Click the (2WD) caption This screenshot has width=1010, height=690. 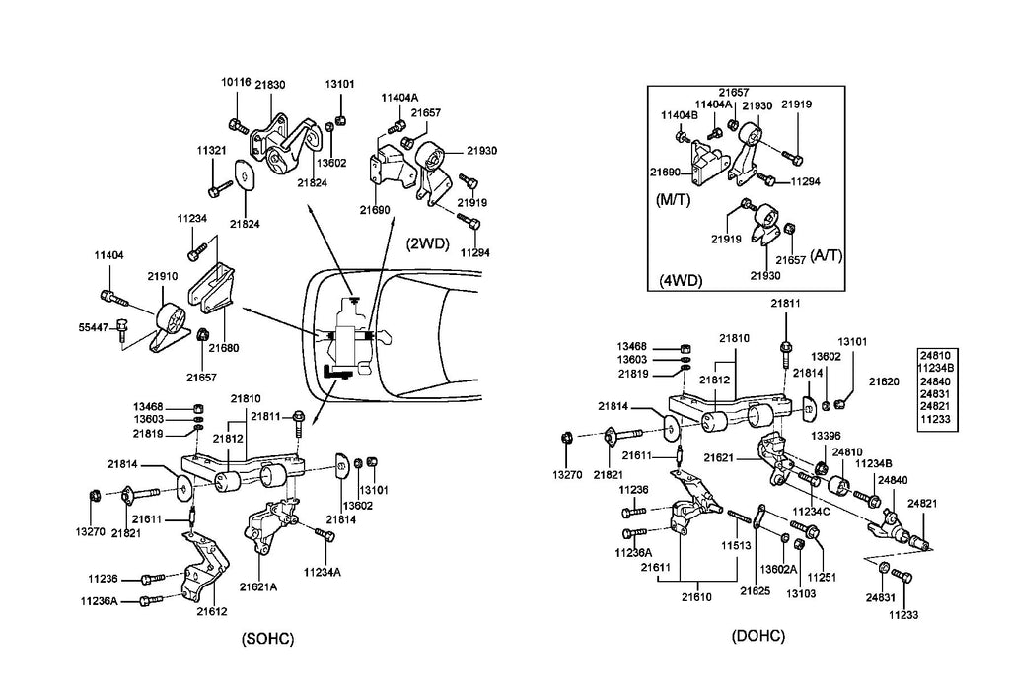tap(426, 241)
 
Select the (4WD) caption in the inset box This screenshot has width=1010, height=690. tap(681, 280)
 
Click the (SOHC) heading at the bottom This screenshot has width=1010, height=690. tap(268, 639)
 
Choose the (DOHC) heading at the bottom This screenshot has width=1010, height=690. tap(758, 636)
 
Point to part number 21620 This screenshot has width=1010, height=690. tap(885, 380)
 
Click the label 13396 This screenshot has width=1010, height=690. tap(826, 435)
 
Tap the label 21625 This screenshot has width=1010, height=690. tap(757, 591)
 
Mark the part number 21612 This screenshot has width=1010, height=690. tap(211, 611)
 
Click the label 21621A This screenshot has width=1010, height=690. tap(260, 587)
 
